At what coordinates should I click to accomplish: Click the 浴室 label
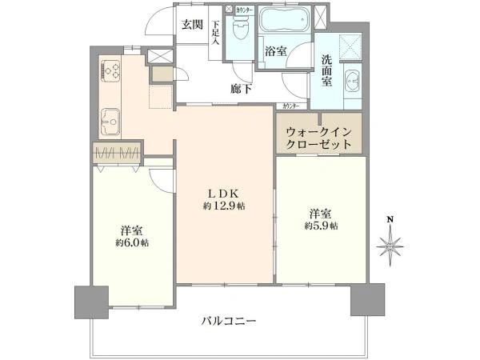pos(275,50)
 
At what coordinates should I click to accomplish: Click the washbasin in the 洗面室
pos(352,82)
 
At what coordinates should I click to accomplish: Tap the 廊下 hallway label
pos(242,90)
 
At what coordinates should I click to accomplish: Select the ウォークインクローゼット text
pos(319,137)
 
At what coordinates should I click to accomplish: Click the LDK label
pos(225,192)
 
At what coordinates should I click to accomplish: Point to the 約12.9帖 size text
pos(225,206)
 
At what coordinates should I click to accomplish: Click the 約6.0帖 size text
pos(131,242)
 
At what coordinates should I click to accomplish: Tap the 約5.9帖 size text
pos(320,226)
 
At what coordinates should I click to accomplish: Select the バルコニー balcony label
pos(229,321)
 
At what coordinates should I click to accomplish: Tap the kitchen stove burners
pos(110,71)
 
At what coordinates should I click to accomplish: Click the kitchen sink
pos(110,122)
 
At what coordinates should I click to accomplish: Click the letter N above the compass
pos(390,218)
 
